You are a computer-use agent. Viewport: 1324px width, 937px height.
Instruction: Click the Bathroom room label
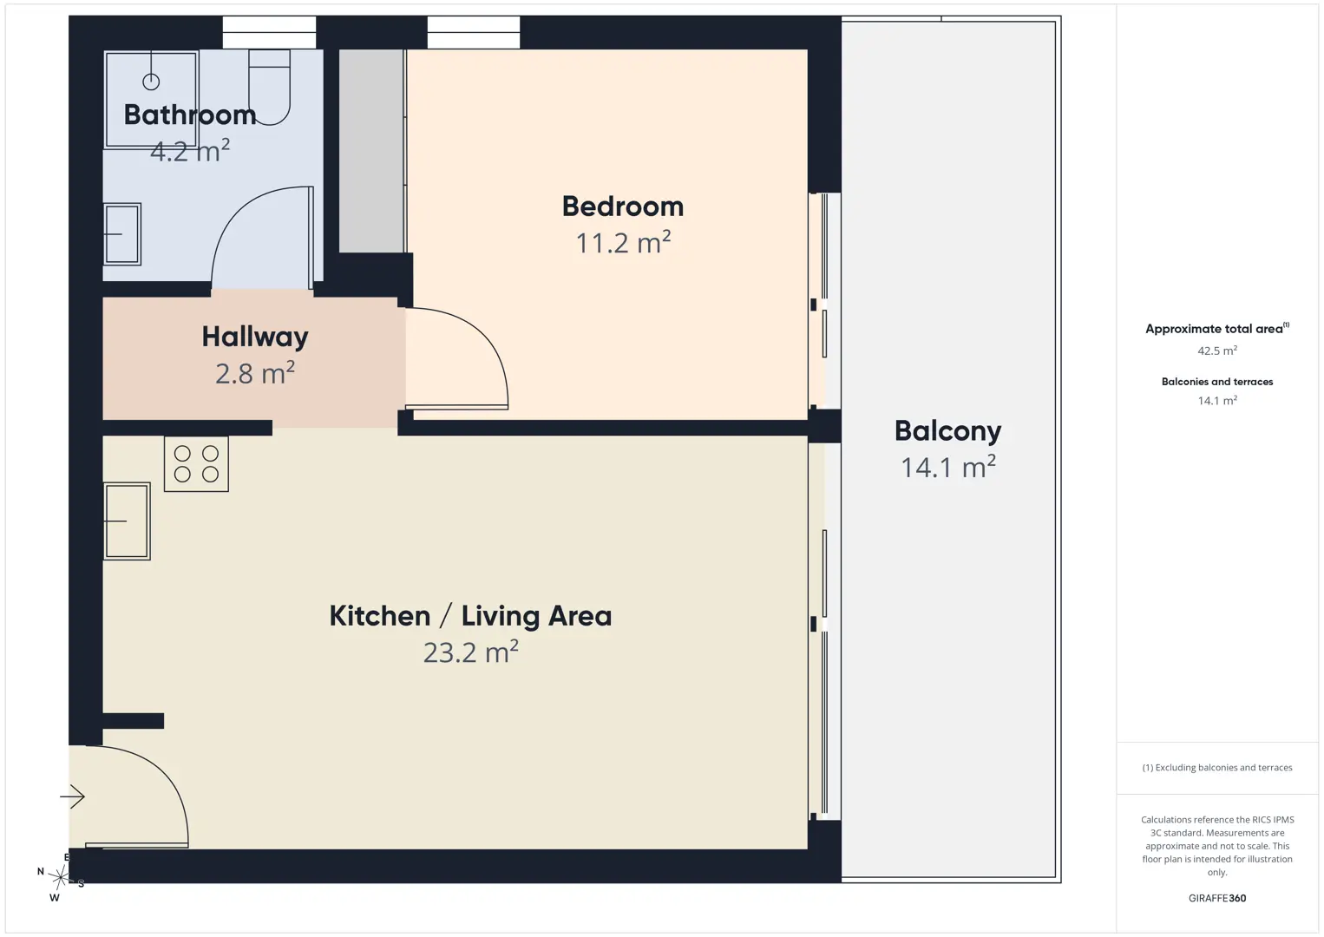[190, 115]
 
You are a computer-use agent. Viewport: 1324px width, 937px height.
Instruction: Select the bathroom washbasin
[122, 234]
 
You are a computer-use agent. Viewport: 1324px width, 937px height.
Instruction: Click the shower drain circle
[151, 82]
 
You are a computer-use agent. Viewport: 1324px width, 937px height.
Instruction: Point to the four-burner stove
[196, 464]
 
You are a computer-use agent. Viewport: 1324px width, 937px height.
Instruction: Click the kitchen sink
[127, 521]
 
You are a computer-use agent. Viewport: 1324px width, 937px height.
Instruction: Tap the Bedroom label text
[623, 206]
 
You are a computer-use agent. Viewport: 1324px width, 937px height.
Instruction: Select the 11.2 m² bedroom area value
[623, 242]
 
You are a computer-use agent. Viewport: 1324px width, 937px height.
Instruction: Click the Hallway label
[255, 337]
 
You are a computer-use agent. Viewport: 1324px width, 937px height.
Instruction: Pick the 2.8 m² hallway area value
[255, 373]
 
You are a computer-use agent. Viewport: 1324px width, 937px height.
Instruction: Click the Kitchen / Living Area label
[470, 616]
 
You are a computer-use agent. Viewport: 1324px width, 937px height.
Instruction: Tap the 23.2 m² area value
[470, 652]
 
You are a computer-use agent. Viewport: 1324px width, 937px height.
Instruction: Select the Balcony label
[948, 431]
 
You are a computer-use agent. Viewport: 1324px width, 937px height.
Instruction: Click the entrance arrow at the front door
[72, 796]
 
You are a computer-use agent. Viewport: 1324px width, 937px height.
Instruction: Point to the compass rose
[60, 877]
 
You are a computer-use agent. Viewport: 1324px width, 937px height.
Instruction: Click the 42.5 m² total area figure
[1217, 351]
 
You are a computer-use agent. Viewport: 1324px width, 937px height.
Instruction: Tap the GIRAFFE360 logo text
[1217, 898]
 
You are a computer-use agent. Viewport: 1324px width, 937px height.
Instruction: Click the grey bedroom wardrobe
[371, 151]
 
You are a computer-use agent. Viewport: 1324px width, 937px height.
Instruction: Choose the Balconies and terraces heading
[1217, 382]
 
